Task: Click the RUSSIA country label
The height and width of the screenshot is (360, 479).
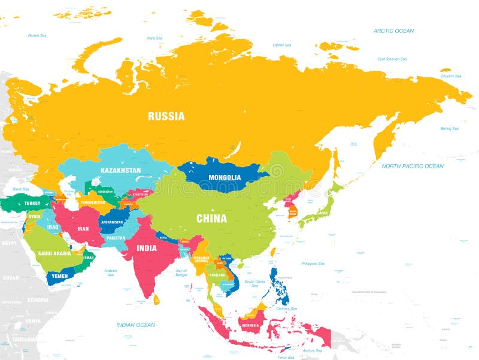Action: click(166, 116)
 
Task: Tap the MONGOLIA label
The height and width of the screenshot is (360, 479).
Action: click(225, 177)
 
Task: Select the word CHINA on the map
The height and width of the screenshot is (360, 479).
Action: click(212, 219)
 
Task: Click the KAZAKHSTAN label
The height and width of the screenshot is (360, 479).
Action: click(121, 171)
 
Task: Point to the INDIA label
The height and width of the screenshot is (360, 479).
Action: click(146, 248)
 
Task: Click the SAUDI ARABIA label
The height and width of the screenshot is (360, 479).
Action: click(54, 253)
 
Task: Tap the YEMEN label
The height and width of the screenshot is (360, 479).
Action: click(59, 276)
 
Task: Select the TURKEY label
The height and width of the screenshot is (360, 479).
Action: click(32, 204)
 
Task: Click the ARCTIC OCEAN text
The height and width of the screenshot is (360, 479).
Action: click(393, 31)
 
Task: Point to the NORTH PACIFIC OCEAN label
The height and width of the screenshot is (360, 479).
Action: click(413, 166)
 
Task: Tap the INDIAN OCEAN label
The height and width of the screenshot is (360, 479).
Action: click(136, 325)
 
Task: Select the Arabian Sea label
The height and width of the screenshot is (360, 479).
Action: click(110, 273)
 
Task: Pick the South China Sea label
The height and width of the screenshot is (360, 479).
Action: click(254, 283)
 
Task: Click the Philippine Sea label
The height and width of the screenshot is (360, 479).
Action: click(313, 264)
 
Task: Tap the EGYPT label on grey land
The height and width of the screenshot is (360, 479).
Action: click(10, 244)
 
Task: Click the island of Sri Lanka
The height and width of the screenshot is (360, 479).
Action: click(156, 299)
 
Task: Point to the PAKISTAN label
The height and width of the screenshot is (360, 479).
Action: click(116, 238)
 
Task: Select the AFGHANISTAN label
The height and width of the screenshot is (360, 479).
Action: click(111, 222)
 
